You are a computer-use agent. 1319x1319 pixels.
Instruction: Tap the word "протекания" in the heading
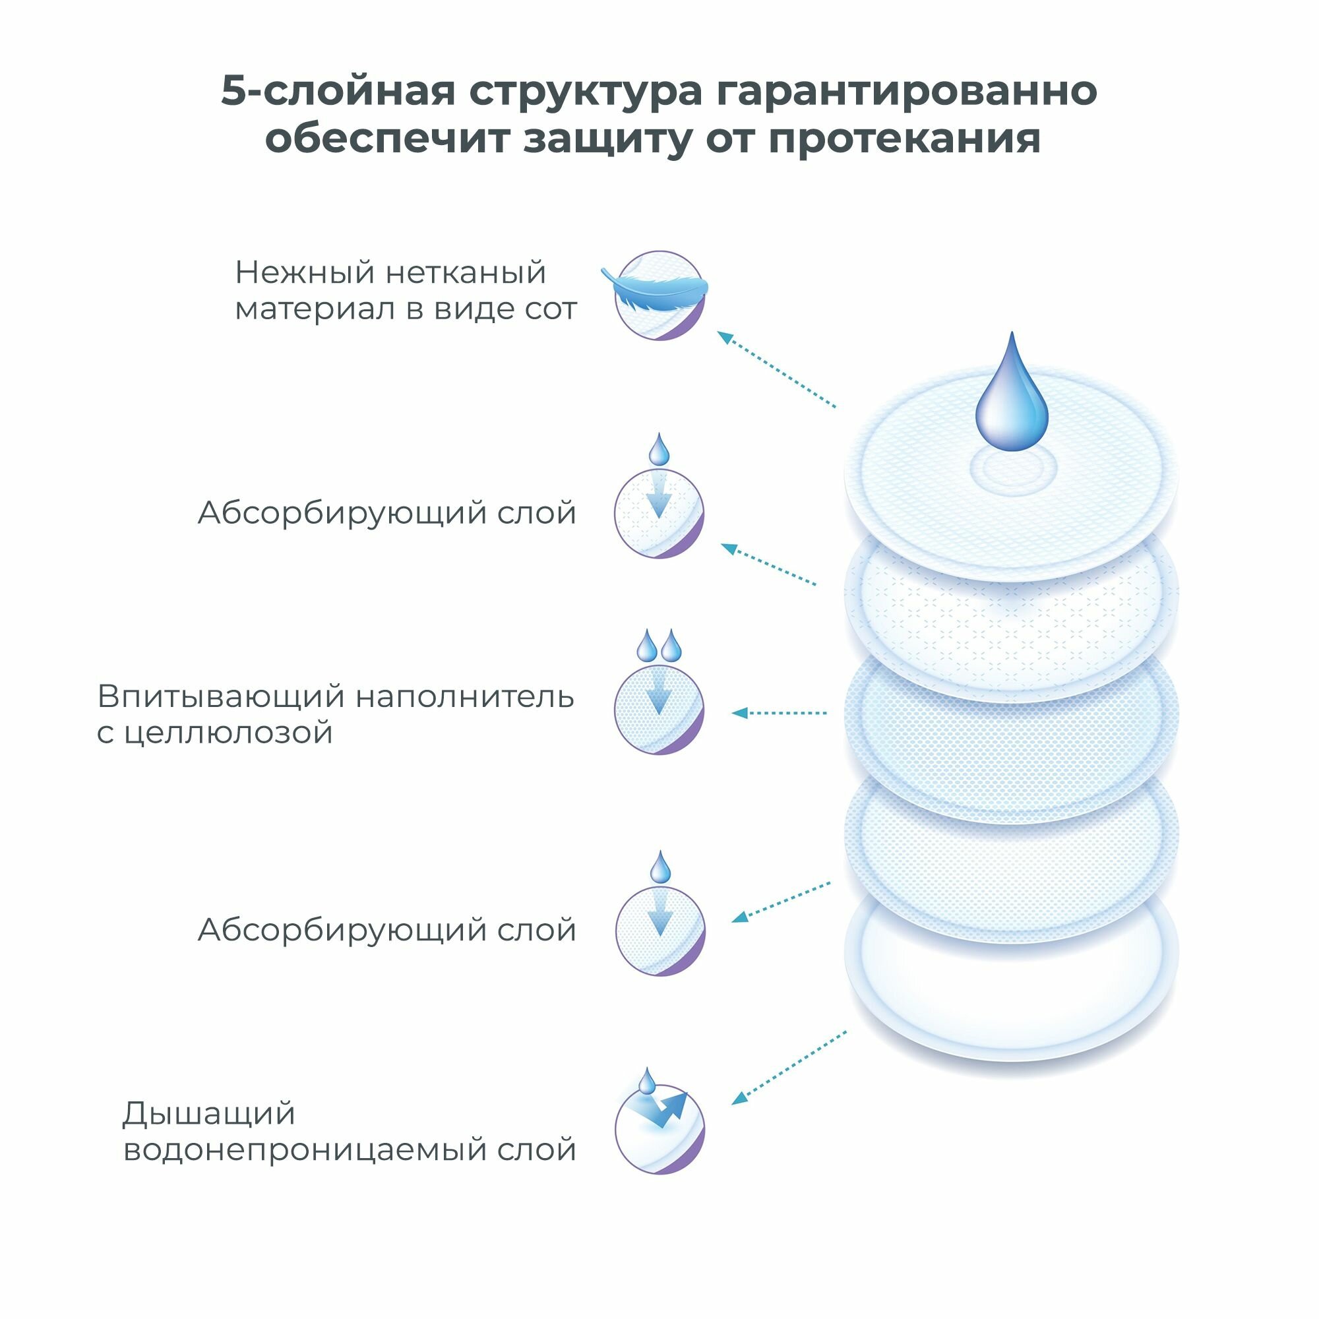click(904, 139)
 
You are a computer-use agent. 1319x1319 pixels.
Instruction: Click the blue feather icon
click(654, 292)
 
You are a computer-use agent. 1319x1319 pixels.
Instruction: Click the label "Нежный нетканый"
click(390, 273)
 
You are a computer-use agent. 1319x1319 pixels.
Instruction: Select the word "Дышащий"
click(209, 1114)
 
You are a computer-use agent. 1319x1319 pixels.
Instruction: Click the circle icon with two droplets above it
click(659, 710)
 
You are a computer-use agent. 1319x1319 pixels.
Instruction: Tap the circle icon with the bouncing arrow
click(659, 1130)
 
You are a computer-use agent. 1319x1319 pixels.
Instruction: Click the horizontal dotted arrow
click(779, 714)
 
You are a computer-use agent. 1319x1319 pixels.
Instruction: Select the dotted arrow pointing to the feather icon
click(776, 369)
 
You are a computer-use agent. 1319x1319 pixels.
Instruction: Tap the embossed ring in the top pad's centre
click(1013, 470)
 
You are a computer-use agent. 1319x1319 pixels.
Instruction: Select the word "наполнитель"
click(465, 697)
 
